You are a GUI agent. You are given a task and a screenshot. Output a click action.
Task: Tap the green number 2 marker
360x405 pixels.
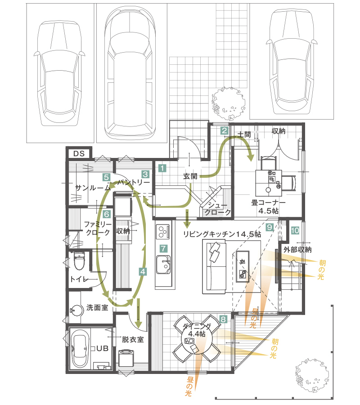(x=224, y=131)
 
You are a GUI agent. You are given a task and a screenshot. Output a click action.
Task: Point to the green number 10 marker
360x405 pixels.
(x=295, y=230)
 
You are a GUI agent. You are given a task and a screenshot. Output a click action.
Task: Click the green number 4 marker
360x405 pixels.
(x=143, y=272)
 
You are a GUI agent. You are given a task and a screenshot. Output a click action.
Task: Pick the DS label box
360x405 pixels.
(x=79, y=153)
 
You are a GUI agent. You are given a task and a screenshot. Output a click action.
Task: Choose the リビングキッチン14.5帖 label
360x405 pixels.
(x=222, y=234)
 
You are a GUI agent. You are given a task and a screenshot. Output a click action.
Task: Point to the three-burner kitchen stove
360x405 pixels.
(x=162, y=232)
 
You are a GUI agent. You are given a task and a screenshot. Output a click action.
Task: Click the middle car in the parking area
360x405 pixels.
(x=129, y=72)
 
